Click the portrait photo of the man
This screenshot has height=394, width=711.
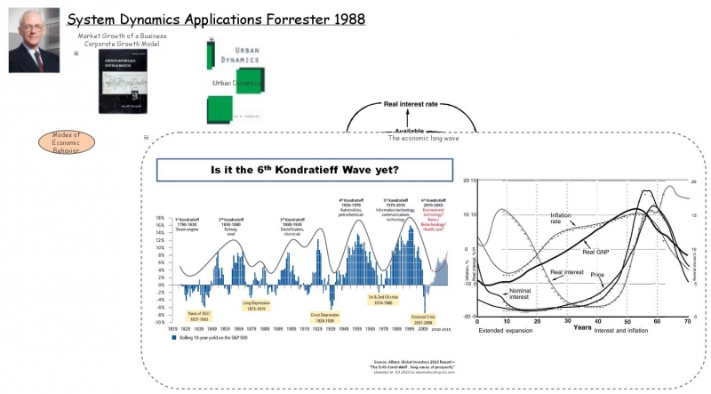click(34, 42)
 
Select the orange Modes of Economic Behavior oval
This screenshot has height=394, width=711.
click(65, 142)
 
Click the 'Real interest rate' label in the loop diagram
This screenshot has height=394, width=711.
click(411, 104)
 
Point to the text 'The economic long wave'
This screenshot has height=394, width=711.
click(424, 139)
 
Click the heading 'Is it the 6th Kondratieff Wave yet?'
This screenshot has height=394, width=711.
click(304, 169)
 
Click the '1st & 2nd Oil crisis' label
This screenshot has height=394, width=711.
click(375, 299)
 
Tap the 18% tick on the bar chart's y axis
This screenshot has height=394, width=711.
click(160, 218)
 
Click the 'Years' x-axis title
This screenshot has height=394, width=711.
click(582, 327)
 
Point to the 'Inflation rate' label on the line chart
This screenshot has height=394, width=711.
click(561, 218)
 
